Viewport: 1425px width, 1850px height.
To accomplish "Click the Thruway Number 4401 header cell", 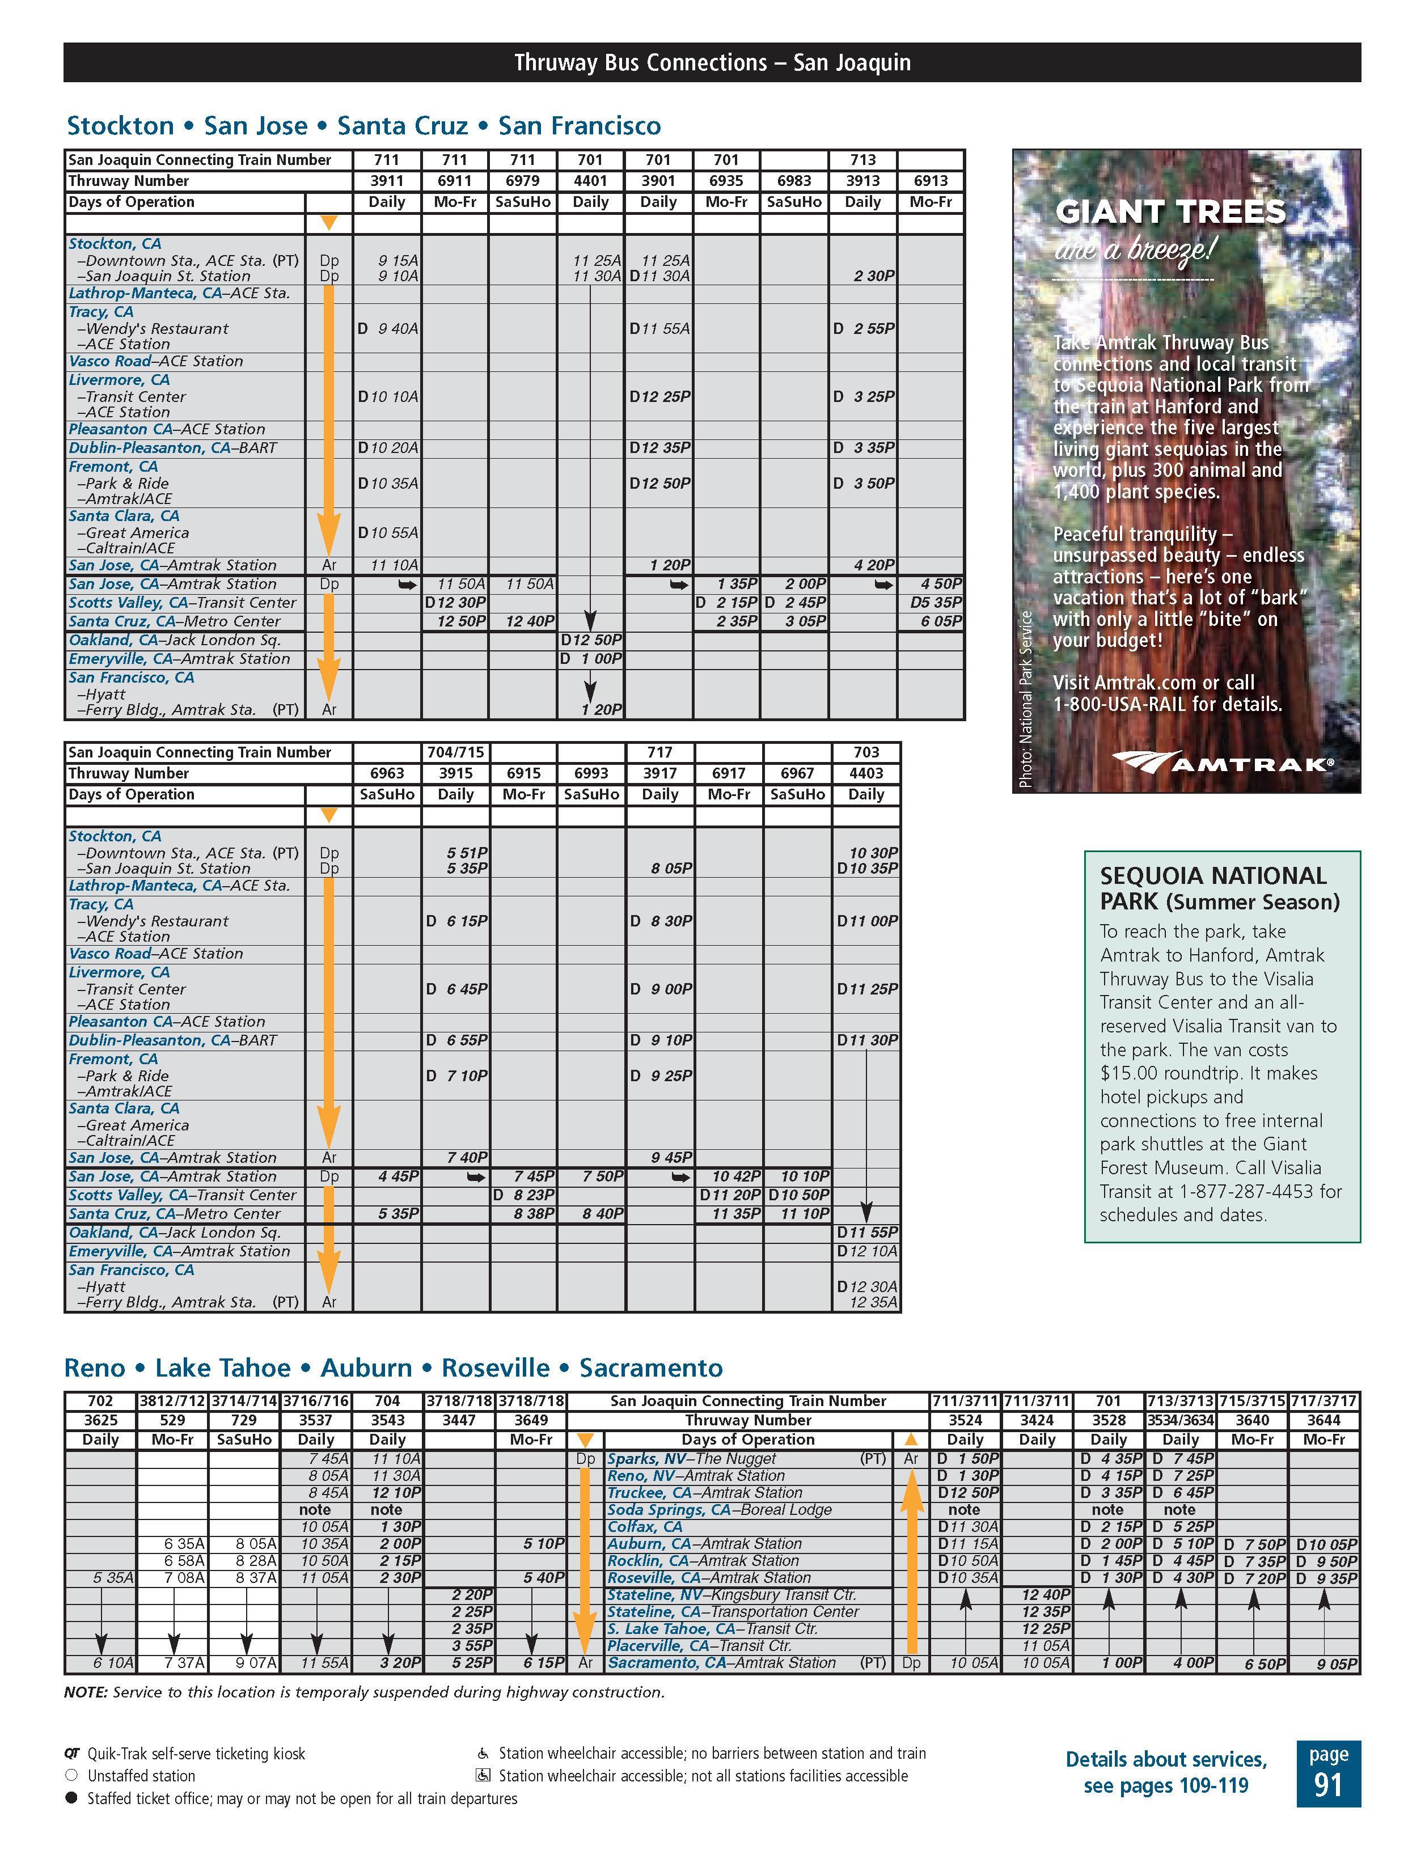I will point(590,180).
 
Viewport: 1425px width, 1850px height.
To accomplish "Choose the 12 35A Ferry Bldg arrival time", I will point(873,1302).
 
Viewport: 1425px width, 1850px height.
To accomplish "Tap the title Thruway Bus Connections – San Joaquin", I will point(712,63).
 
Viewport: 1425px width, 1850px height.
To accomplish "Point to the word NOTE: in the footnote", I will point(86,1692).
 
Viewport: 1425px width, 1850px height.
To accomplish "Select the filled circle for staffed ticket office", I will point(71,1797).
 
